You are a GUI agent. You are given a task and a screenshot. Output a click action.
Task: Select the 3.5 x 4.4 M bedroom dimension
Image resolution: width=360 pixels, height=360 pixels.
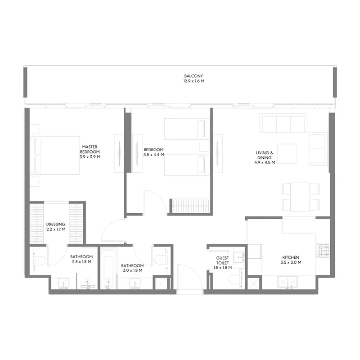(x=153, y=155)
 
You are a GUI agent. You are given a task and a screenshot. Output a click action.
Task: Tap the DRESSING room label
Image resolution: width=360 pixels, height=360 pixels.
(x=56, y=224)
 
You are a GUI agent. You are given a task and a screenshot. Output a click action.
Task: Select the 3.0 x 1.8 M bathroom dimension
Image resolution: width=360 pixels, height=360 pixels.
(x=132, y=271)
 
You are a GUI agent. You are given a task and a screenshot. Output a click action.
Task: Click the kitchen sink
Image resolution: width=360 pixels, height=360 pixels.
(x=286, y=283)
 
